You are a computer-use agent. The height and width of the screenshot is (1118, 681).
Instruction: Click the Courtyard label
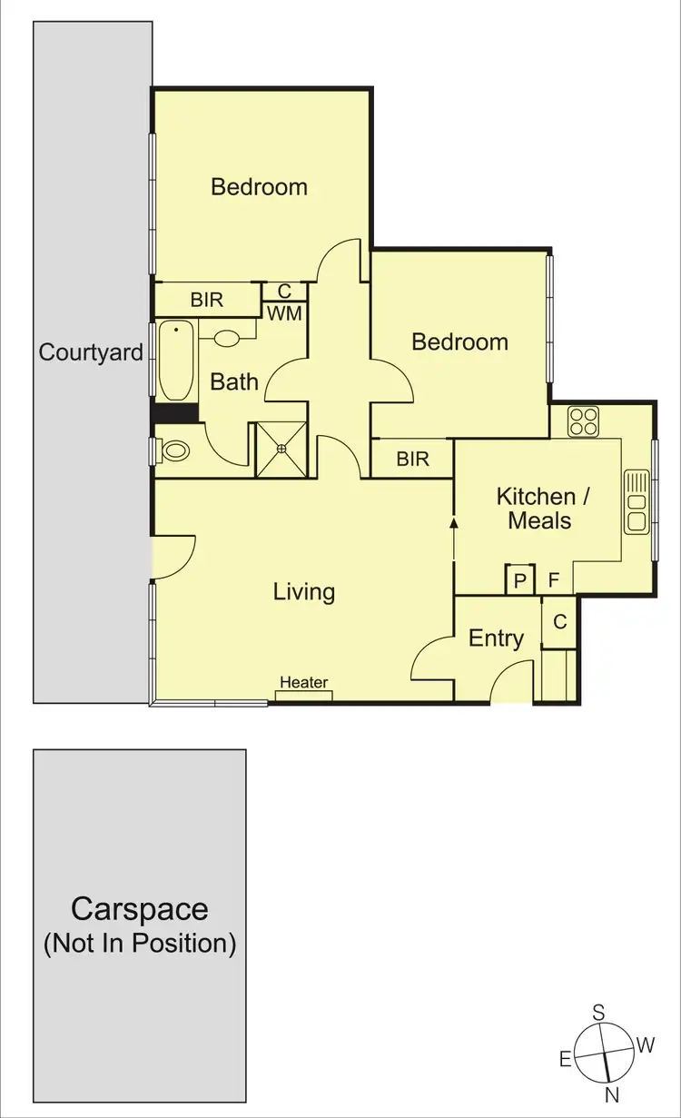pos(91,352)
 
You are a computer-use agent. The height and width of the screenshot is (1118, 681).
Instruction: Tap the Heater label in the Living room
pos(303,683)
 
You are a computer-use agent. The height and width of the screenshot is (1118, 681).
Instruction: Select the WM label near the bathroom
pos(284,313)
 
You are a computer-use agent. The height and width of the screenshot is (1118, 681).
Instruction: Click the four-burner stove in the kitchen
pos(582,421)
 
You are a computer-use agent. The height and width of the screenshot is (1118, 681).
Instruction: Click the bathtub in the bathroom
pos(176,361)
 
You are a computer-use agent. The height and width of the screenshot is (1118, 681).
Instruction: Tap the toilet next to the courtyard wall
pos(173,450)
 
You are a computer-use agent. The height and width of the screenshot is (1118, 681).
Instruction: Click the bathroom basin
pos(226,338)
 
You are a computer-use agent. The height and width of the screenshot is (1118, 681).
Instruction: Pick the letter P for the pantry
pos(519,580)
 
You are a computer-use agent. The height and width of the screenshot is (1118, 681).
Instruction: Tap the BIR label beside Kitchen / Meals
pos(412,460)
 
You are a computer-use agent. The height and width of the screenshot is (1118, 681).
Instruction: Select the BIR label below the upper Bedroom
pos(207,299)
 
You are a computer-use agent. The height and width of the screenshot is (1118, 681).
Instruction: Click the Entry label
pos(496,638)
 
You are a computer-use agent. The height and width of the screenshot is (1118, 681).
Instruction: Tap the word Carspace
pos(140,909)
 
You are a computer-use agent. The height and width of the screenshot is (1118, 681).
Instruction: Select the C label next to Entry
pos(559,622)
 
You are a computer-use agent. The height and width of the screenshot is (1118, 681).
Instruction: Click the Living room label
pos(304,592)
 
